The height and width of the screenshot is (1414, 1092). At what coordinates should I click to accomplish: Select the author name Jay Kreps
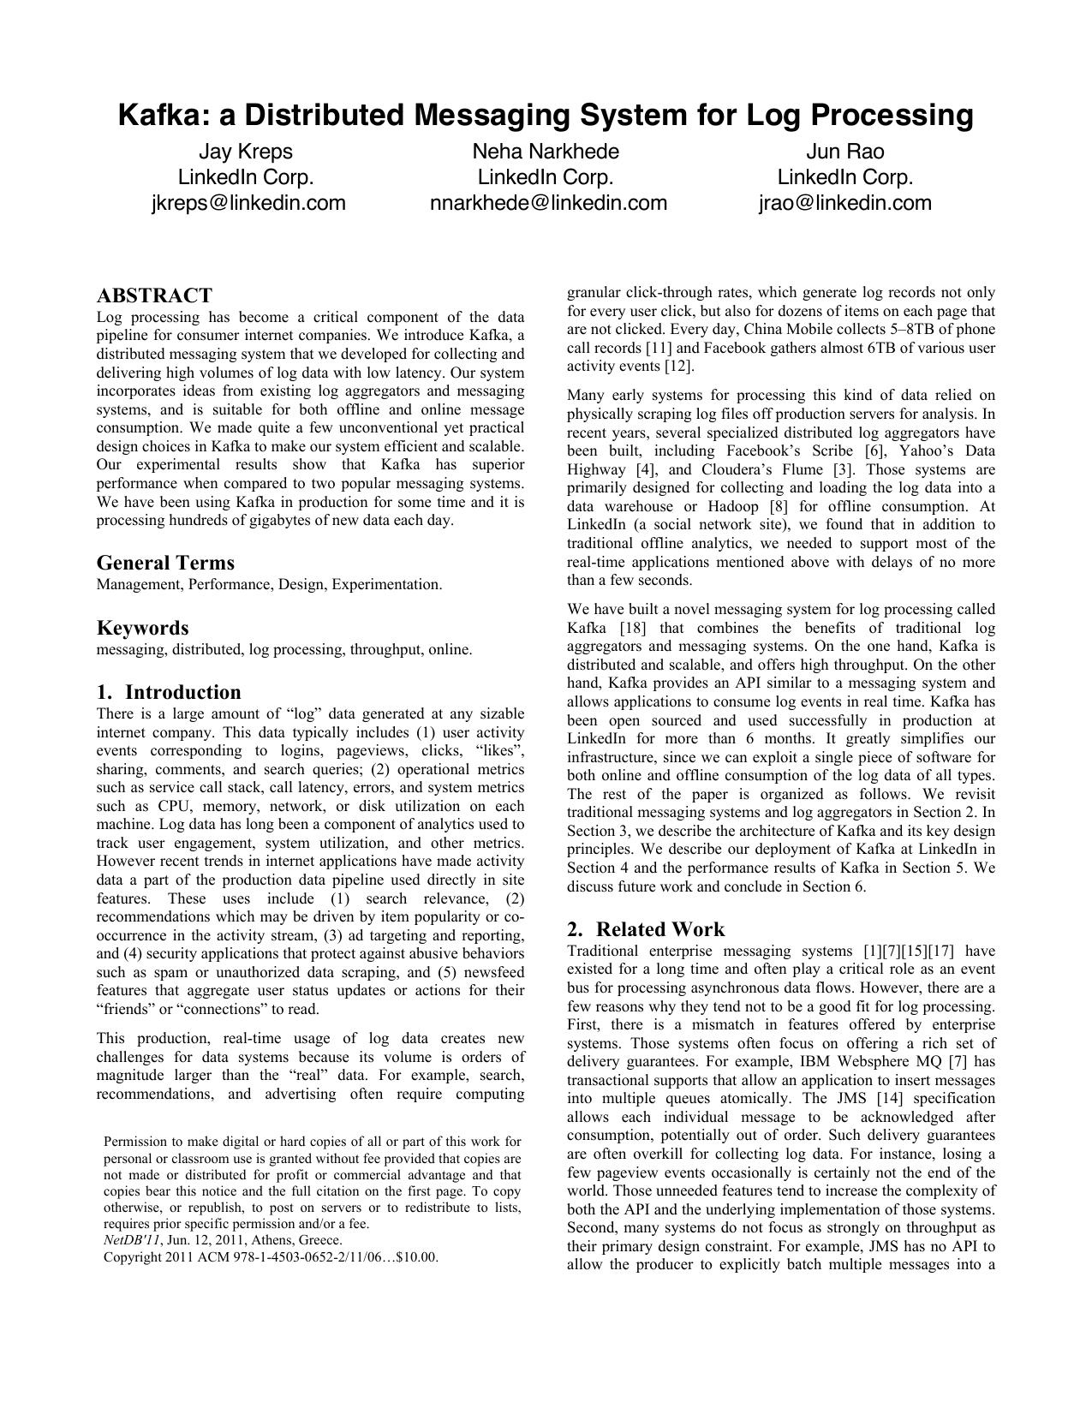(246, 152)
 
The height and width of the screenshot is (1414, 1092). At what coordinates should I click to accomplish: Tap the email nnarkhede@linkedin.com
(548, 203)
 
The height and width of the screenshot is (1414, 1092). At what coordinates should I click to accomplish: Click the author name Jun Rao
(844, 152)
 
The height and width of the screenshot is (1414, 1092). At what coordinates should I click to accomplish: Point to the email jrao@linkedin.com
(844, 203)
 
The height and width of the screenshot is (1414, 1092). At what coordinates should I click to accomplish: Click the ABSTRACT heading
(154, 295)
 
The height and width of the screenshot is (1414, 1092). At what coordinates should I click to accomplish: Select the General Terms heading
(165, 563)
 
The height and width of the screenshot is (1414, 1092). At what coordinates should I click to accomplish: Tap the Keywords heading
(142, 628)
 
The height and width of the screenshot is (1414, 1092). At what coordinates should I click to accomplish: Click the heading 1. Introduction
(169, 692)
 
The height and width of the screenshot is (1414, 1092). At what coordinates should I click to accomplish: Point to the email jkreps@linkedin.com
(248, 203)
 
